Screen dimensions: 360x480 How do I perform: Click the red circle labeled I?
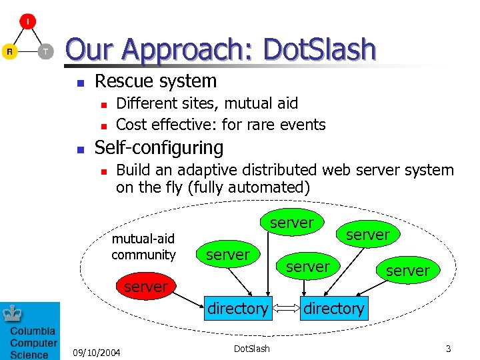[x=28, y=21]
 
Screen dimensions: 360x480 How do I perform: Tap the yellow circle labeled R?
[x=10, y=51]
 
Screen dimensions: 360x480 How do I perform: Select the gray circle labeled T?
[x=45, y=51]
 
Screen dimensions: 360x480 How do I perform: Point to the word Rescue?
[x=120, y=81]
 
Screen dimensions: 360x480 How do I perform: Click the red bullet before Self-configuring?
[x=80, y=149]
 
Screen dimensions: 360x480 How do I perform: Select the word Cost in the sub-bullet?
[x=132, y=125]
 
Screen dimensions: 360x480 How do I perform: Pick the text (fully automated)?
[x=249, y=188]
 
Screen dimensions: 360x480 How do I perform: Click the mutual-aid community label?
[x=143, y=247]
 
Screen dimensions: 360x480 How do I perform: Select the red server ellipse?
[x=145, y=287]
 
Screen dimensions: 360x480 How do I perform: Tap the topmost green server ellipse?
[x=291, y=223]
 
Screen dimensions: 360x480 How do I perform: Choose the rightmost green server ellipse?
[x=407, y=271]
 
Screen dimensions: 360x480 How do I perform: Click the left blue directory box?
[x=237, y=309]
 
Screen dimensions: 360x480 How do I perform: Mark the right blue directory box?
[x=334, y=309]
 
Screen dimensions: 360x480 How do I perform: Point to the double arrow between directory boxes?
[x=286, y=309]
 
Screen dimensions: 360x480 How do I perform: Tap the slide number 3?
[x=449, y=349]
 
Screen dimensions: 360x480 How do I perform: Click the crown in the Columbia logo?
[x=12, y=312]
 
